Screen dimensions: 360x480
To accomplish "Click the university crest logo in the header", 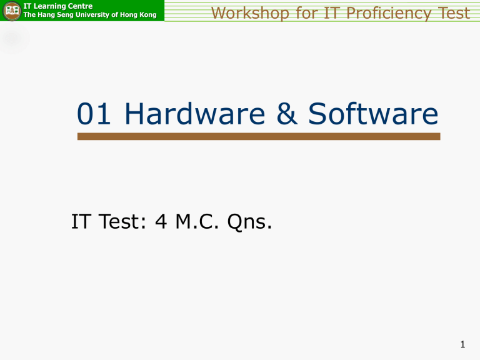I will pos(11,11).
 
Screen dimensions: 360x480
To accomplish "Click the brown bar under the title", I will pos(259,136).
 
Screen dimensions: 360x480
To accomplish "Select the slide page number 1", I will pos(463,342).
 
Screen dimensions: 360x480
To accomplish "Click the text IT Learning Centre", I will pos(57,6).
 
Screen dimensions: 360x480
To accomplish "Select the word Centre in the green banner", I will pos(79,6).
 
